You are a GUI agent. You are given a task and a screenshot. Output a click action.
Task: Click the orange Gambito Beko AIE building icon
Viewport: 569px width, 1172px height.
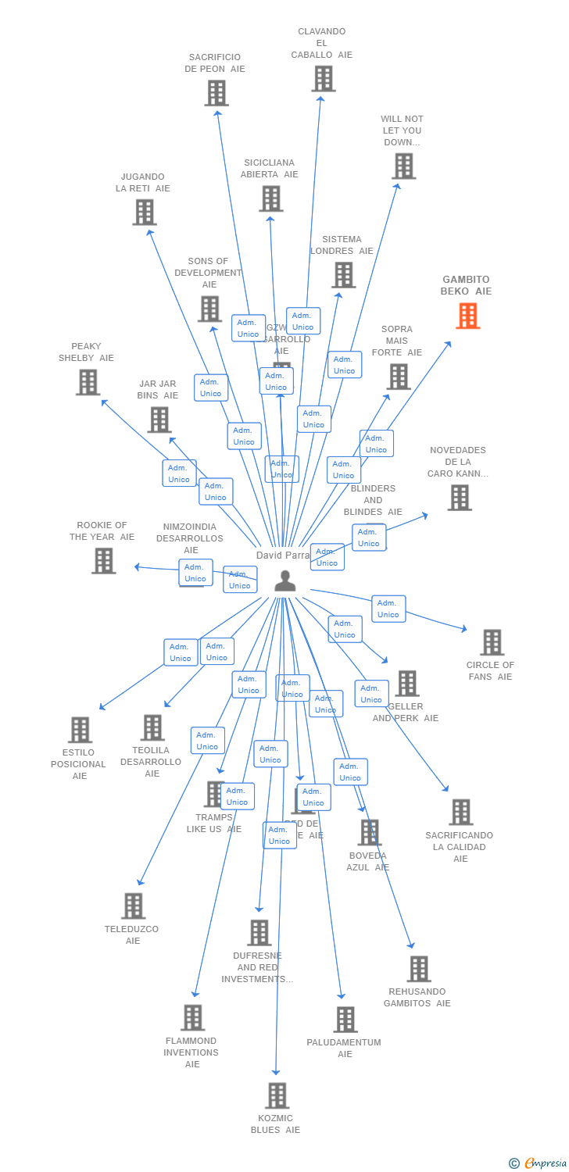coord(468,316)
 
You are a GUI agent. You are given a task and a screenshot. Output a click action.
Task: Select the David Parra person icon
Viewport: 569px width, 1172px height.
coord(285,581)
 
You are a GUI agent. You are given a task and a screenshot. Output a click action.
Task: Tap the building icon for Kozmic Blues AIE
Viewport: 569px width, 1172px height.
coord(277,1095)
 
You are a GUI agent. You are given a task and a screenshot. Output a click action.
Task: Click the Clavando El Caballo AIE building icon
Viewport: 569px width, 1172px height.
coord(323,79)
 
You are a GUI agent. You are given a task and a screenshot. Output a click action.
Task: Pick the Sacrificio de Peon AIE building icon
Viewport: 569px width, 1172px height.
coord(217,93)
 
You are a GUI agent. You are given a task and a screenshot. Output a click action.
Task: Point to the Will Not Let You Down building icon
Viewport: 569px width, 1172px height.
coord(403,166)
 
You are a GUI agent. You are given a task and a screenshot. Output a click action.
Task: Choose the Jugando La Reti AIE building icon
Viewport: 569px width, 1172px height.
coord(144,213)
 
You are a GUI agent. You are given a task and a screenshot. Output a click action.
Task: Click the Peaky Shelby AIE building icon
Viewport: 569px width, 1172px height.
coord(88,382)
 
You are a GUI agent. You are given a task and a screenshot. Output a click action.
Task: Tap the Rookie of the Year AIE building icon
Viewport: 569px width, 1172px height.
coord(103,560)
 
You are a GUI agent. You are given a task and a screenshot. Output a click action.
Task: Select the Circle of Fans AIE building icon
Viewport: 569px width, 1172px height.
coord(492,642)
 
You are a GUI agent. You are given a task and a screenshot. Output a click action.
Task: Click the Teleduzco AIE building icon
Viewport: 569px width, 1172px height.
coord(133,906)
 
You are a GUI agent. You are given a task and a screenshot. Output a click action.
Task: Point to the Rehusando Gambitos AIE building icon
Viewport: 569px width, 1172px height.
coord(418,969)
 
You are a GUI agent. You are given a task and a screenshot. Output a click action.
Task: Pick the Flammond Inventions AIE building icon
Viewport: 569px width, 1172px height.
coord(192,1017)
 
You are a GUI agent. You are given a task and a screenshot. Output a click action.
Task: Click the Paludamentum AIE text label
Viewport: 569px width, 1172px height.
coord(344,1049)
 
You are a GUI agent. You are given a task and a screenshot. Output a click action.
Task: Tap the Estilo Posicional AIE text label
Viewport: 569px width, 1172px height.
coord(79,764)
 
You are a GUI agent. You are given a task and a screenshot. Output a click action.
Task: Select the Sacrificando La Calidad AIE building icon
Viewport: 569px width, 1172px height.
coord(460,813)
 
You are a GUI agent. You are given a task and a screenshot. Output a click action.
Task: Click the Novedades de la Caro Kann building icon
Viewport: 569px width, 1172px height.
coord(459,498)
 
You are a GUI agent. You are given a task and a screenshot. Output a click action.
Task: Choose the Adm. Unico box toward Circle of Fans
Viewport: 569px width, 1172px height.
coord(388,609)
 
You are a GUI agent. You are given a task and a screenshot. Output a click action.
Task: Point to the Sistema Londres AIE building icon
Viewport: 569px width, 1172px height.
coord(343,275)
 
